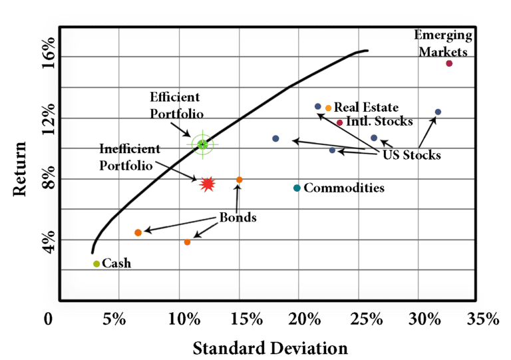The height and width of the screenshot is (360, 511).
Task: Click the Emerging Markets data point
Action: tap(449, 63)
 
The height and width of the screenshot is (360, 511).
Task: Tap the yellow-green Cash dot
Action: tap(96, 264)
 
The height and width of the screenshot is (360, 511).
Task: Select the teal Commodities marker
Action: tap(297, 188)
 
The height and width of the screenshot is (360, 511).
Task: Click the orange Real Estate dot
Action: tap(328, 108)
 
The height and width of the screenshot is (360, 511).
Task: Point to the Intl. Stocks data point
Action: tap(339, 122)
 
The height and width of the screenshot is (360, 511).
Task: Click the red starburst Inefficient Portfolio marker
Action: tap(208, 184)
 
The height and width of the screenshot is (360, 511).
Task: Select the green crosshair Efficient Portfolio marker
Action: tap(203, 144)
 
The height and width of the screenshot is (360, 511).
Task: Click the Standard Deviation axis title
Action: tap(270, 347)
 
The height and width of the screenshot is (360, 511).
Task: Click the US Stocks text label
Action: tap(412, 155)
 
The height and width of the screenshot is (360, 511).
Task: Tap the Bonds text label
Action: tap(238, 218)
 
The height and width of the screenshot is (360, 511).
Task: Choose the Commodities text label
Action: tap(344, 188)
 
